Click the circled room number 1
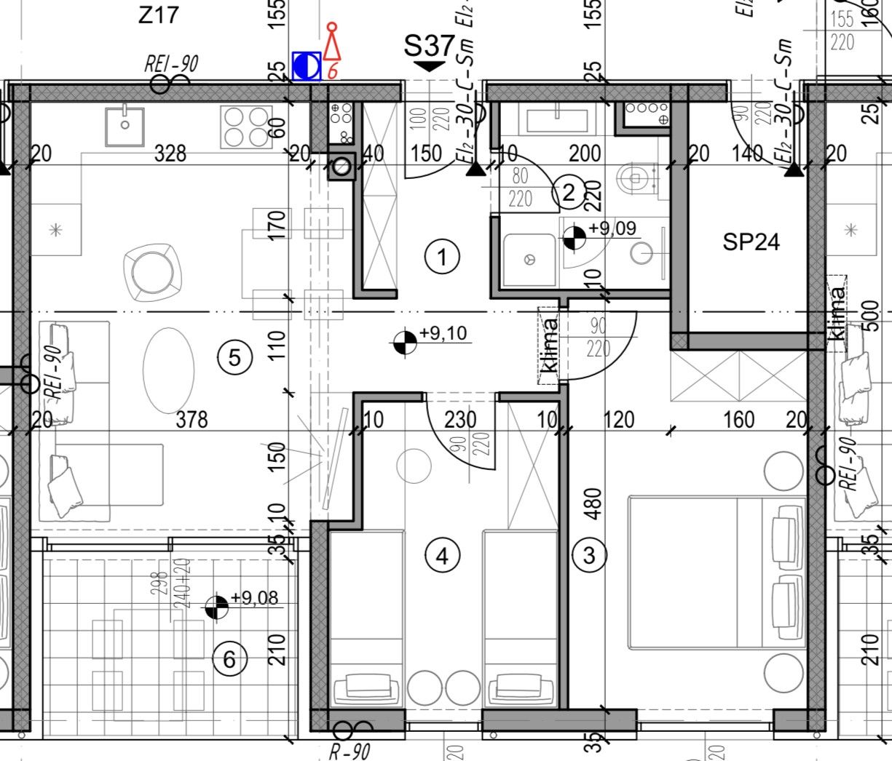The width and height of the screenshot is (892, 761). click(441, 257)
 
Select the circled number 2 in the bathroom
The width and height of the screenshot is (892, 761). click(569, 193)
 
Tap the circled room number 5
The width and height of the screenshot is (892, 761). click(234, 357)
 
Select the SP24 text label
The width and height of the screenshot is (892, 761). click(751, 242)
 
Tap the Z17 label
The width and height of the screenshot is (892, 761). click(158, 14)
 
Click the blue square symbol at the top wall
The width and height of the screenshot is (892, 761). click(307, 66)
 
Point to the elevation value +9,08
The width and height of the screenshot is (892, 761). click(254, 598)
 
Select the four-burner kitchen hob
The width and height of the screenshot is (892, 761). click(247, 127)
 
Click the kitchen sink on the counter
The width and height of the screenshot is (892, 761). click(125, 126)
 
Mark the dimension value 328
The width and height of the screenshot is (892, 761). click(170, 154)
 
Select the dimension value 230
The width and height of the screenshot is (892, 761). click(460, 419)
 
